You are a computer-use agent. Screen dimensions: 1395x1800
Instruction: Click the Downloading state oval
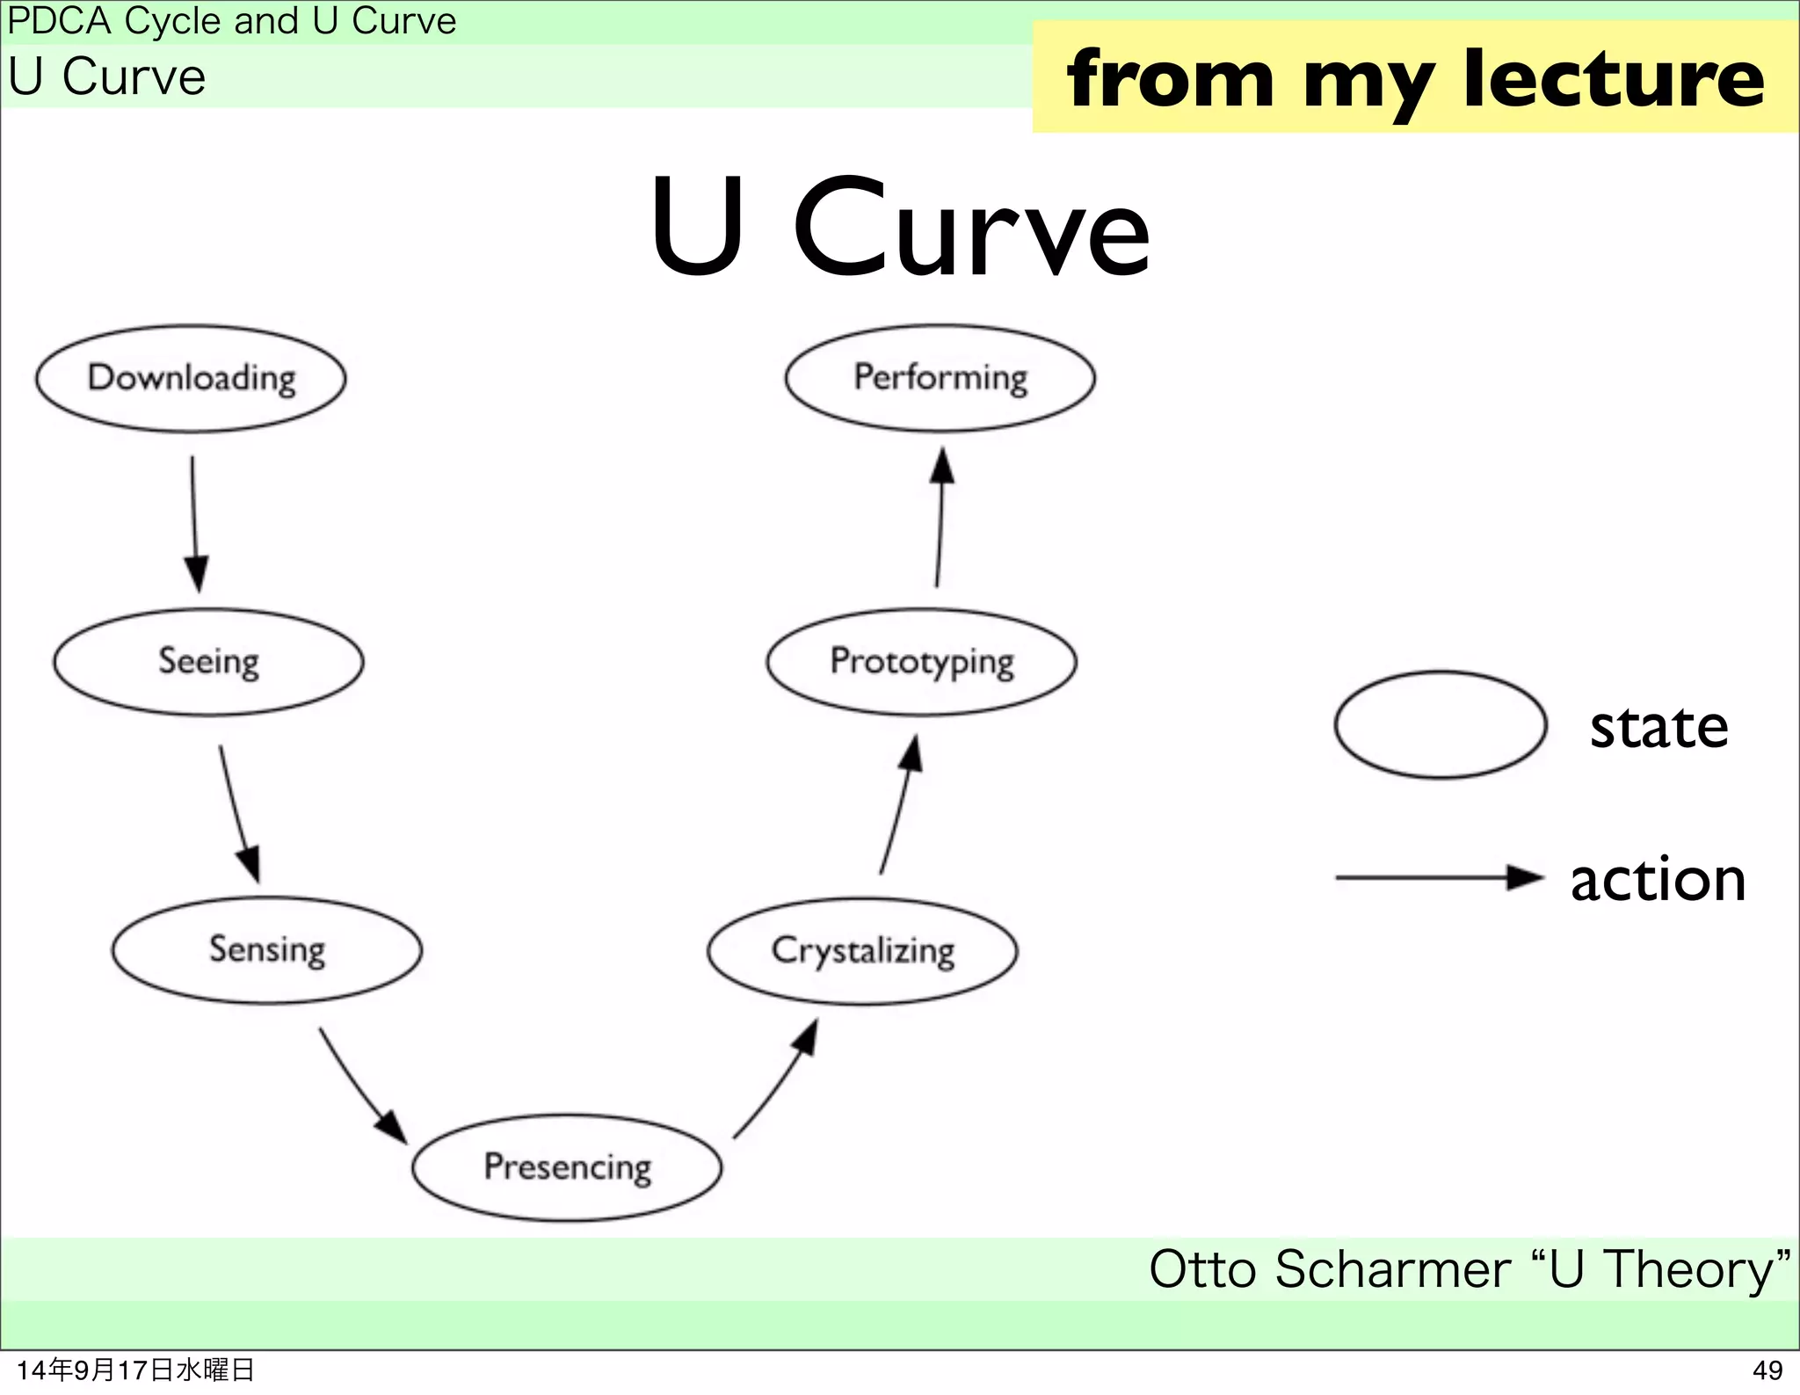click(191, 378)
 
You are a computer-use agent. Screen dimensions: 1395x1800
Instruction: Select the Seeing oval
click(208, 662)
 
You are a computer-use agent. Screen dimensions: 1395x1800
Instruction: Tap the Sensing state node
click(266, 950)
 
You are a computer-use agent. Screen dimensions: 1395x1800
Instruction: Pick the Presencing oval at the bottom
click(567, 1167)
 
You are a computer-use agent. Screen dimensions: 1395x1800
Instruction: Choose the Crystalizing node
click(862, 951)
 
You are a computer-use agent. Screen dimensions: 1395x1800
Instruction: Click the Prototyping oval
click(921, 662)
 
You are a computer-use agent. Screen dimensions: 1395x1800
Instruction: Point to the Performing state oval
click(940, 378)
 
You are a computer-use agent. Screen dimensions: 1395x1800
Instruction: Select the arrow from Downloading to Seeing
click(195, 523)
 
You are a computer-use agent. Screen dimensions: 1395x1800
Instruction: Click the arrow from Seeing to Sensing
click(238, 813)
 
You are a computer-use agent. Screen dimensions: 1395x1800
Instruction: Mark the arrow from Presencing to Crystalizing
click(778, 1080)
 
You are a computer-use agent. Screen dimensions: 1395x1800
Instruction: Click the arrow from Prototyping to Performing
click(940, 519)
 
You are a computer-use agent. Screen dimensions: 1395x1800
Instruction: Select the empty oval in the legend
click(1440, 725)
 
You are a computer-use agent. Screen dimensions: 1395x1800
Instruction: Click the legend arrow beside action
click(1439, 877)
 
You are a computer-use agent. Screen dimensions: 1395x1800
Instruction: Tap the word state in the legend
click(1658, 728)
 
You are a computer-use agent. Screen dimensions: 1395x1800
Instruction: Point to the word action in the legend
click(1658, 880)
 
